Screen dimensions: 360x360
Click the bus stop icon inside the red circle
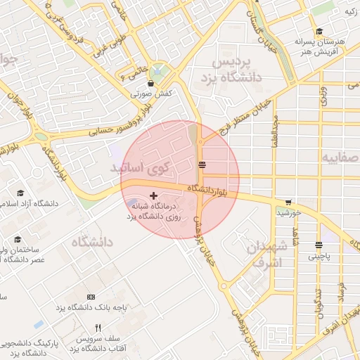pos(202,165)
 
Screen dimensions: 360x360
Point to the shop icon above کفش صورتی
pos(151,83)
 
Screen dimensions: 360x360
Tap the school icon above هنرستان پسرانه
pos(320,32)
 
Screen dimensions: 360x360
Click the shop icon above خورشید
pos(288,202)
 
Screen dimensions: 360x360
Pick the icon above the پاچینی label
pos(319,245)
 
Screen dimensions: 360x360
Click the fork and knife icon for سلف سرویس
pos(98,328)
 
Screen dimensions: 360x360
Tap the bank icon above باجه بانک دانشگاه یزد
pos(90,297)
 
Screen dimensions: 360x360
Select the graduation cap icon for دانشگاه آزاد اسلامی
pos(21,193)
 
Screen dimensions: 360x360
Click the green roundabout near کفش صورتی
pos(160,71)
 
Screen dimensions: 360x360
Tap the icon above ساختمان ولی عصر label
pos(18,239)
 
